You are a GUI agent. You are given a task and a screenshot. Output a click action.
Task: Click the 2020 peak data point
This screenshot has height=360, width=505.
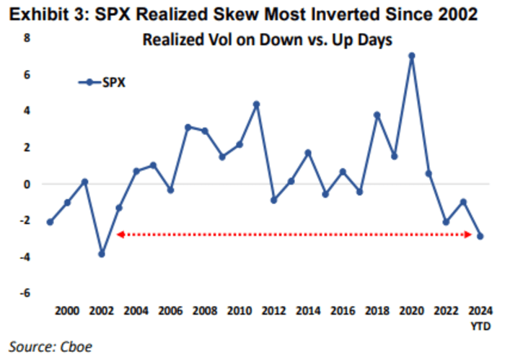[x=411, y=56]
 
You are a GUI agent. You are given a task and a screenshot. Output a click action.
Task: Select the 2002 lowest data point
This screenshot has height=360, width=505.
[x=102, y=254]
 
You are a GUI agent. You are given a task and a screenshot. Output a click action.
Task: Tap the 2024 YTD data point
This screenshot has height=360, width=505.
[x=480, y=236]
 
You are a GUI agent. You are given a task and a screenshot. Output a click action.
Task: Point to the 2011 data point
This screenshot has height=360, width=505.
[x=256, y=105]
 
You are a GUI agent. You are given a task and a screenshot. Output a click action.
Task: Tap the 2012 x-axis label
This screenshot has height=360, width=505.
[x=273, y=311]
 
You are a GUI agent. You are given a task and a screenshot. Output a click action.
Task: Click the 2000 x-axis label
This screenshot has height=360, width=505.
[x=67, y=311]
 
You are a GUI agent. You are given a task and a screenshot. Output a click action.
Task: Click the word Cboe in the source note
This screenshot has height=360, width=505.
[x=76, y=346]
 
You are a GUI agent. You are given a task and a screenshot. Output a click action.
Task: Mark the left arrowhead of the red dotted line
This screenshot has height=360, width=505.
[x=120, y=234]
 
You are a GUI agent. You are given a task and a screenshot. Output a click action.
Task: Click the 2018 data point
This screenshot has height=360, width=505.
[x=377, y=115]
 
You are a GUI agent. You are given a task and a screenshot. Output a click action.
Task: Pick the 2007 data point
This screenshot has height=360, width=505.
[x=188, y=127]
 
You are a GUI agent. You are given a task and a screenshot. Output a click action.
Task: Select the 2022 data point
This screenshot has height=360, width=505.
[x=446, y=222]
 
